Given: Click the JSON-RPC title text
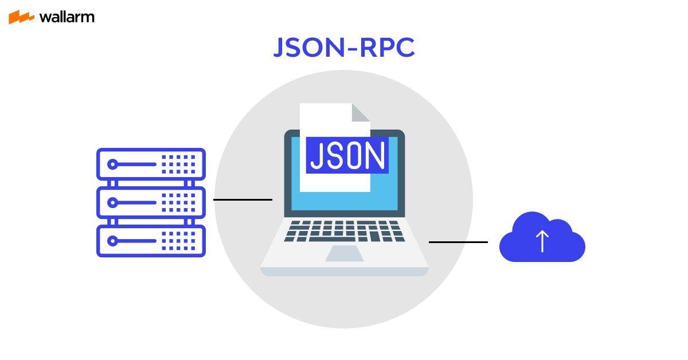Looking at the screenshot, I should coord(343,49).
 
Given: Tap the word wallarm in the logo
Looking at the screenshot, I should coord(67,17).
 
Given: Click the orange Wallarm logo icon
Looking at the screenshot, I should coord(22,17).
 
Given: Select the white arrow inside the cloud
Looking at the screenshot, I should coord(542,241).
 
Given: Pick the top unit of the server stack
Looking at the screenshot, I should coord(151,165).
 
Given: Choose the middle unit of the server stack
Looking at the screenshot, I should coord(151,202).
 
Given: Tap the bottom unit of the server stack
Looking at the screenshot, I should coord(151,240).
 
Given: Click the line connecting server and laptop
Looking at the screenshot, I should coord(243,199).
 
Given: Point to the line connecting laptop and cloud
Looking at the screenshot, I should coord(458,242).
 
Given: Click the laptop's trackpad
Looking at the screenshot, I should coord(344,253).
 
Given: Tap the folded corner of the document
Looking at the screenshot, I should coord(361,112).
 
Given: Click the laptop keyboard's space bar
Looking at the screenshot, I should coord(344,238).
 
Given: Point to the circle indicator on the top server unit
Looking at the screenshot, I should coord(113,165).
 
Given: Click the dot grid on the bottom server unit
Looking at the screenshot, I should coord(178,240).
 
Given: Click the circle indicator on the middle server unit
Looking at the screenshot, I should coord(113,202).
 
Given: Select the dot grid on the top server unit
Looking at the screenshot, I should coord(178,165).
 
